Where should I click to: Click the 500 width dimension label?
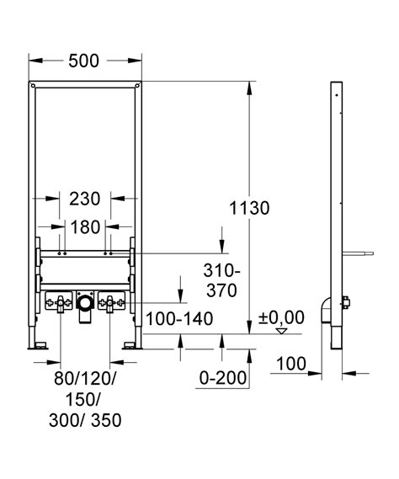pyautogui.click(x=83, y=61)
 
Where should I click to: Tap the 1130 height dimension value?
pyautogui.click(x=249, y=208)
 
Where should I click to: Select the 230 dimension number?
pyautogui.click(x=85, y=199)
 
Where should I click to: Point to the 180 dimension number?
pyautogui.click(x=85, y=227)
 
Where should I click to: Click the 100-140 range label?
pyautogui.click(x=179, y=318)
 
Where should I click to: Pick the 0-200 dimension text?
pyautogui.click(x=223, y=378)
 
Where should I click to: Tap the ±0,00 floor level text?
pyautogui.click(x=281, y=317)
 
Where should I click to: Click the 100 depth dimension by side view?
pyautogui.click(x=291, y=364)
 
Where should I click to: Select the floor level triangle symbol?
pyautogui.click(x=281, y=331)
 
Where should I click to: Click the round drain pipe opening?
pyautogui.click(x=85, y=303)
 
